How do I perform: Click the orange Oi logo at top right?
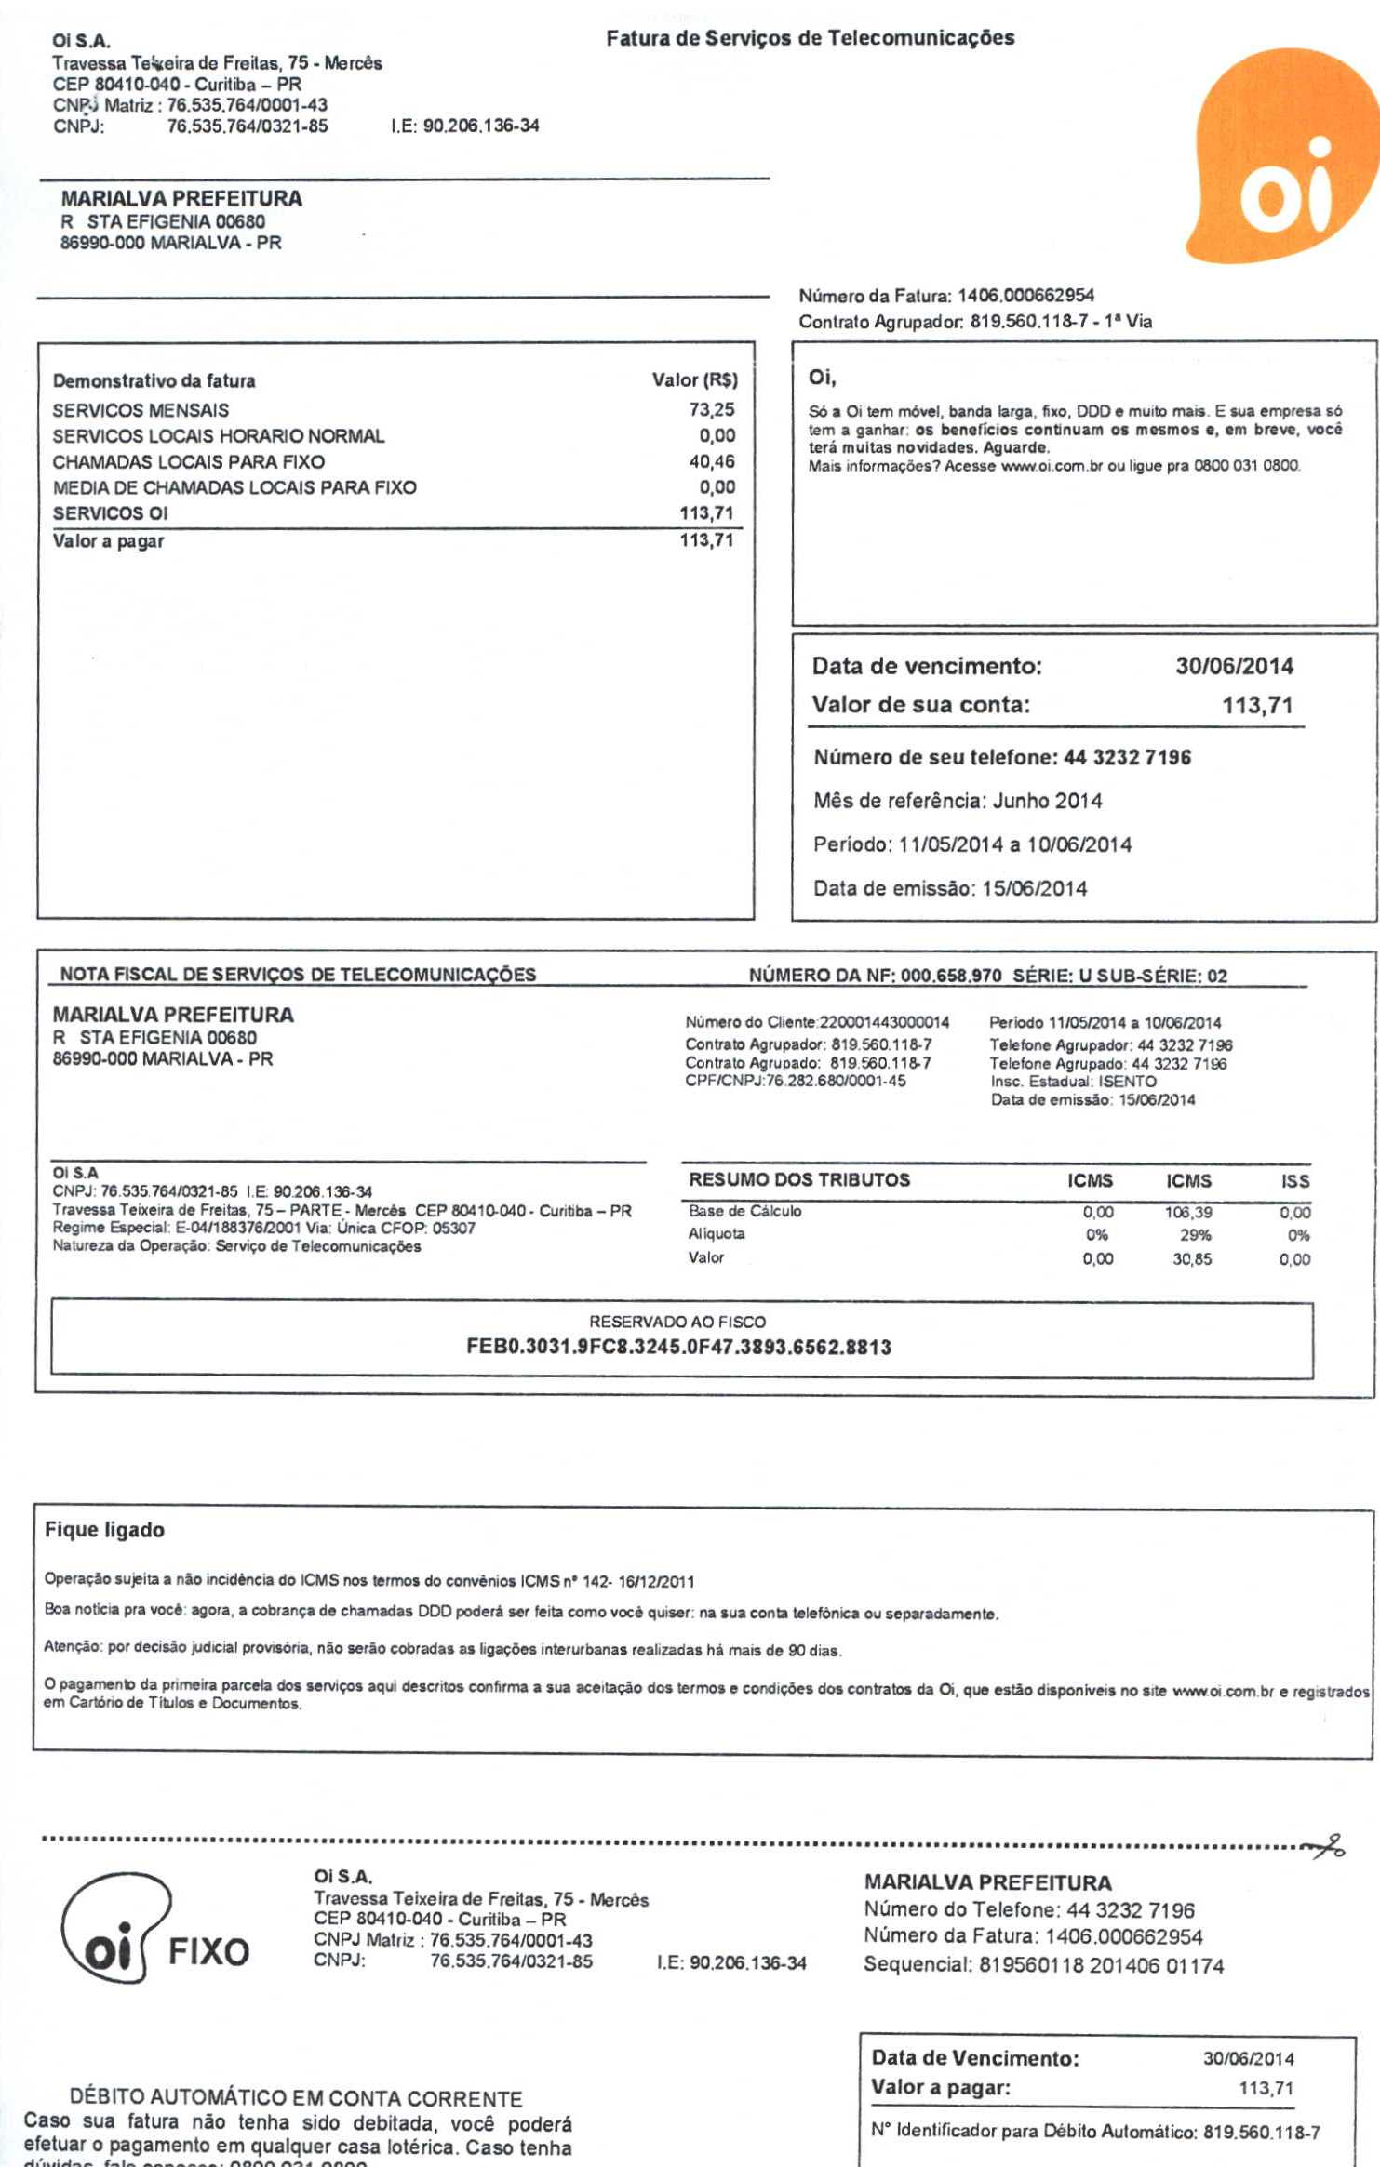pyautogui.click(x=1284, y=158)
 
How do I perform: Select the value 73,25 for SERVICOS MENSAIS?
pyautogui.click(x=712, y=410)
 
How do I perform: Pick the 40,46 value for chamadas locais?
pyautogui.click(x=712, y=461)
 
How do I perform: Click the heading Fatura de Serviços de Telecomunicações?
pyautogui.click(x=810, y=38)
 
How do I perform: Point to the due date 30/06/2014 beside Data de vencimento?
pyautogui.click(x=1234, y=666)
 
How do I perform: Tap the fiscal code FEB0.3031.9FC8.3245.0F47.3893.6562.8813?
pyautogui.click(x=678, y=1348)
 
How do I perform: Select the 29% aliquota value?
pyautogui.click(x=1196, y=1235)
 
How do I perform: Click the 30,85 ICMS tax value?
pyautogui.click(x=1192, y=1259)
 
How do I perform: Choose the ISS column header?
pyautogui.click(x=1294, y=1181)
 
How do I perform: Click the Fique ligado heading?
pyautogui.click(x=104, y=1530)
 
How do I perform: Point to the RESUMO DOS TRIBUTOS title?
pyautogui.click(x=798, y=1180)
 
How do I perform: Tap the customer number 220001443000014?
pyautogui.click(x=884, y=1022)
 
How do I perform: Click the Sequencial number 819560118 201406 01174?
pyautogui.click(x=1101, y=1965)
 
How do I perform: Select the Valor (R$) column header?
pyautogui.click(x=694, y=380)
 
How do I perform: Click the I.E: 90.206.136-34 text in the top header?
pyautogui.click(x=465, y=126)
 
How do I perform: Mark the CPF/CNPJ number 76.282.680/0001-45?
pyautogui.click(x=836, y=1081)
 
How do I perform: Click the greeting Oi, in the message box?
pyautogui.click(x=822, y=378)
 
